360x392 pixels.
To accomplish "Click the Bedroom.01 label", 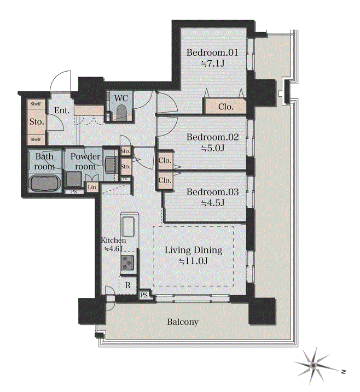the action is coord(212,52).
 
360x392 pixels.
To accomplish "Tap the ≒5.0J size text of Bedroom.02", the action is coord(213,148).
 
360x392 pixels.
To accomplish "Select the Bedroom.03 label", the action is coord(213,192).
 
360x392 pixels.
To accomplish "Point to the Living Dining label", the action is coord(193,250).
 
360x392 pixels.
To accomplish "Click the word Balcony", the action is coord(183,322).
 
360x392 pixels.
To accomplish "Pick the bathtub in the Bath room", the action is coord(45,183).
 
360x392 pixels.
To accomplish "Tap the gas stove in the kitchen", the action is coord(127,263).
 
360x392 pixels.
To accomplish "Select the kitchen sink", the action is coord(128,227).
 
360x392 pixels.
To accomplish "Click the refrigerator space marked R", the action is coord(128,285).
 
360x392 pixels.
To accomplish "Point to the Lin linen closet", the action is coord(92,187).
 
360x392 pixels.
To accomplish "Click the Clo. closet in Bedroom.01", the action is coord(225,107).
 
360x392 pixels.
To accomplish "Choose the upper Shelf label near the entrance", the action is coord(36,104).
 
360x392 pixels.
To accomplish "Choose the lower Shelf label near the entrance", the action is coord(36,139).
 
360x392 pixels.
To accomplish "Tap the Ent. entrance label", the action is coord(62,110).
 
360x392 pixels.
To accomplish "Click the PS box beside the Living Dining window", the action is coord(144,295).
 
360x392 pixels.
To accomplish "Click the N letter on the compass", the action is coord(344,372).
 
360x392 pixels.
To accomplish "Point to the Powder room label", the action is coord(85,161).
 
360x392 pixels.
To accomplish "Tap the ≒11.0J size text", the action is coord(193,261).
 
